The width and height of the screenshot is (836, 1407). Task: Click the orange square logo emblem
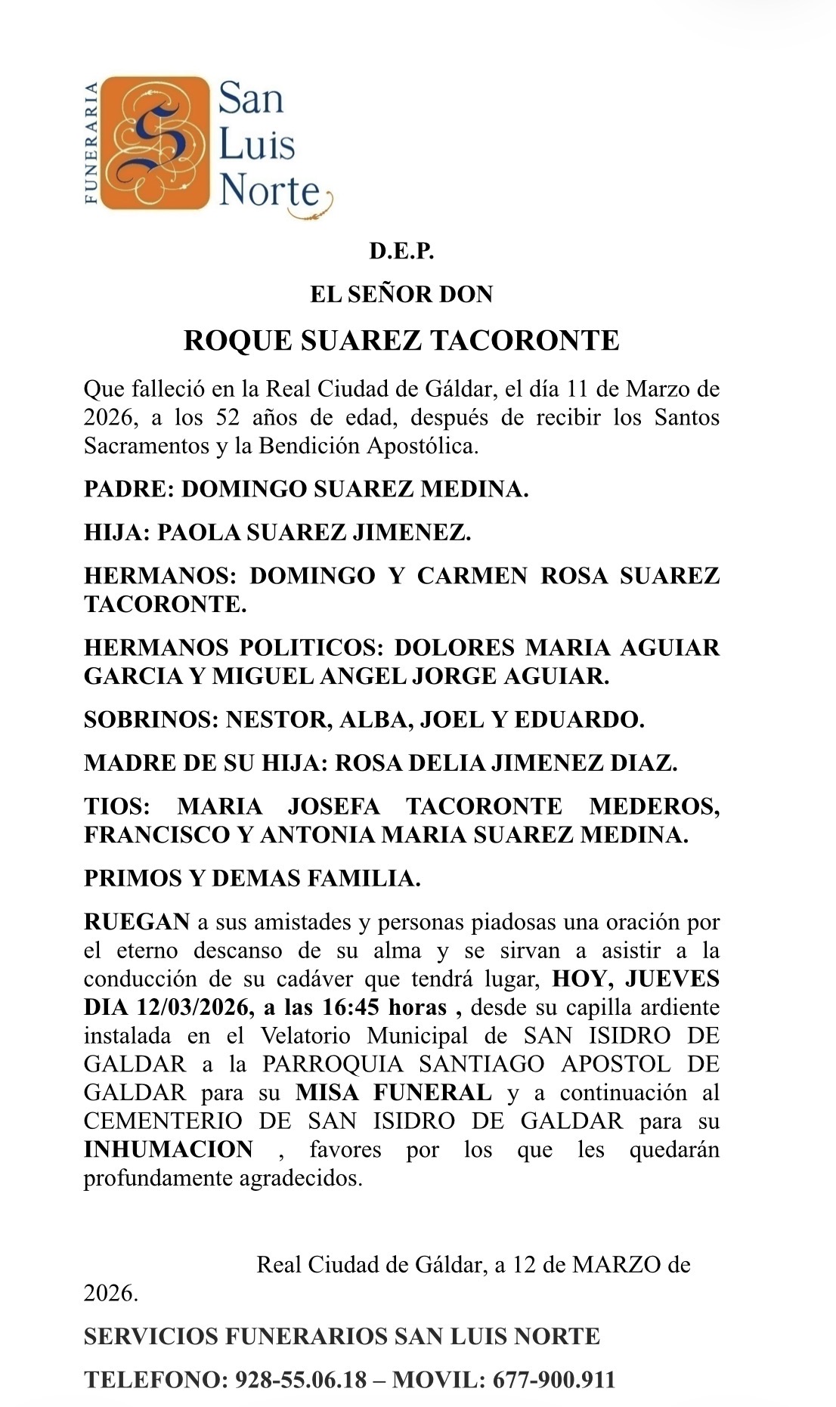pos(154,143)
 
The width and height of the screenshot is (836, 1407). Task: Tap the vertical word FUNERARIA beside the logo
pos(91,143)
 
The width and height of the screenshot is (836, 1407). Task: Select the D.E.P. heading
pos(401,252)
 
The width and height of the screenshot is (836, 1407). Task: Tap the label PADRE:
pos(129,489)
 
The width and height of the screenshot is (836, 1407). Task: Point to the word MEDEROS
pos(655,806)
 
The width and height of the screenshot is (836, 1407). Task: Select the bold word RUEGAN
pos(137,922)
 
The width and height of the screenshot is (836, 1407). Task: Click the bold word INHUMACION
pos(169,1149)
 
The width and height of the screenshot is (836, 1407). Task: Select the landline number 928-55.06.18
pos(301,1380)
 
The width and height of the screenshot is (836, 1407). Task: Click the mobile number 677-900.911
pos(554,1380)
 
